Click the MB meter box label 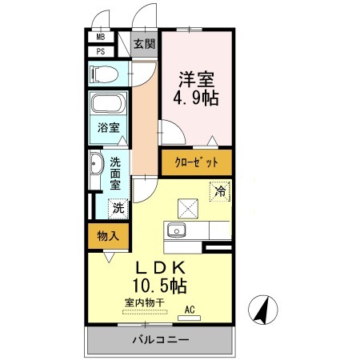tap(101, 37)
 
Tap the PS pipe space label tap(101, 51)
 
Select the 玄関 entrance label tap(144, 44)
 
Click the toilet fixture tap(104, 74)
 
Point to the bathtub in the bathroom tap(108, 103)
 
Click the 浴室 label tap(108, 127)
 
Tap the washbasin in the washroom tap(96, 163)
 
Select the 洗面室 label tap(115, 174)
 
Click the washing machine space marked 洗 tap(118, 209)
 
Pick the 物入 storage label tap(108, 236)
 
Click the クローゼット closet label tap(197, 162)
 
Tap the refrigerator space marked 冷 tap(220, 191)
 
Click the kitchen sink tap(176, 230)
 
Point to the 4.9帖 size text tap(196, 98)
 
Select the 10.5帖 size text tap(159, 286)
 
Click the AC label tap(190, 310)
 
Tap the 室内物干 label tap(144, 302)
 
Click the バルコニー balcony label tap(161, 340)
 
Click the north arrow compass tap(263, 310)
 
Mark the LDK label tap(160, 267)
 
